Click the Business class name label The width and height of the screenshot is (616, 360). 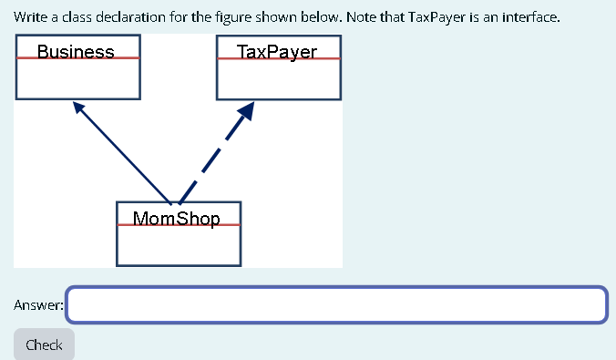tap(77, 51)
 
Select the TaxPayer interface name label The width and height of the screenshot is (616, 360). tap(277, 51)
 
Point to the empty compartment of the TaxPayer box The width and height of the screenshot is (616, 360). tap(279, 77)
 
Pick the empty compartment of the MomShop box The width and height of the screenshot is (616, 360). tap(179, 243)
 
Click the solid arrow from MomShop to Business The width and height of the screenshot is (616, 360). tap(123, 153)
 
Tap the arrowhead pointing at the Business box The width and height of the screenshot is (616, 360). tap(79, 108)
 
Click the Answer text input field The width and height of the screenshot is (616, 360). tap(336, 304)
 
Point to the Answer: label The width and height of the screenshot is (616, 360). tap(38, 305)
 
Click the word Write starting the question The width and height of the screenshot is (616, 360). tap(28, 16)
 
